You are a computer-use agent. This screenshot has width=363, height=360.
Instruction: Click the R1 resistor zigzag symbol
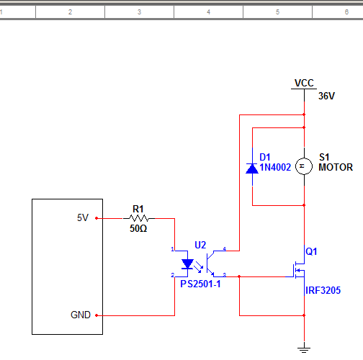click(x=139, y=218)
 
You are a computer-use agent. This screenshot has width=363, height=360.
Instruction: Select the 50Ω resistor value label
click(x=138, y=228)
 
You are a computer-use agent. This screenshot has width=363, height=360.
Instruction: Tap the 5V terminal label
click(x=83, y=217)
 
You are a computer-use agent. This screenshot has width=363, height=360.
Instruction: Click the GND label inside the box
click(x=81, y=315)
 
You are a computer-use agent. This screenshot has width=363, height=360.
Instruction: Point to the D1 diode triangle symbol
click(x=252, y=168)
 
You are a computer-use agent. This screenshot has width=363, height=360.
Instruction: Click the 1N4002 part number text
click(x=275, y=167)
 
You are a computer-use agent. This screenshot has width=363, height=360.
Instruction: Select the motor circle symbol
click(x=304, y=166)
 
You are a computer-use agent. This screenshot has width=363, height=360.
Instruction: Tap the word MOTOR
click(x=336, y=167)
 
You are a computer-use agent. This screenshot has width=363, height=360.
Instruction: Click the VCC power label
click(x=304, y=83)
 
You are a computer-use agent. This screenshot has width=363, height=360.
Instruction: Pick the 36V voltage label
click(x=326, y=96)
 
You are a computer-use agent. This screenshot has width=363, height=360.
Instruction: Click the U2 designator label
click(x=200, y=245)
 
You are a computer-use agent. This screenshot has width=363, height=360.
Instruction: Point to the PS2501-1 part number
click(x=200, y=284)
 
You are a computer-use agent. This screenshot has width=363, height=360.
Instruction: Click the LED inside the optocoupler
click(x=187, y=264)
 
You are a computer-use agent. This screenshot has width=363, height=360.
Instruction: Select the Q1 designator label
click(x=311, y=251)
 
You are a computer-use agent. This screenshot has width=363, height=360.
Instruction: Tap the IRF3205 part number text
click(x=323, y=290)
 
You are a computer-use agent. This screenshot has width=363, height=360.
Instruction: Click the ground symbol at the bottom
click(x=304, y=350)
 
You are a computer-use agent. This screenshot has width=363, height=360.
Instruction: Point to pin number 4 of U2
click(x=225, y=249)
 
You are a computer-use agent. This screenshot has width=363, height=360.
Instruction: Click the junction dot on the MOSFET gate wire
click(x=239, y=276)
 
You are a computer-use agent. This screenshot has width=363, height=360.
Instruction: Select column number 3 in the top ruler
click(x=139, y=12)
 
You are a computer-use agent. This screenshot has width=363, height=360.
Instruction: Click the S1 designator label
click(x=324, y=157)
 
